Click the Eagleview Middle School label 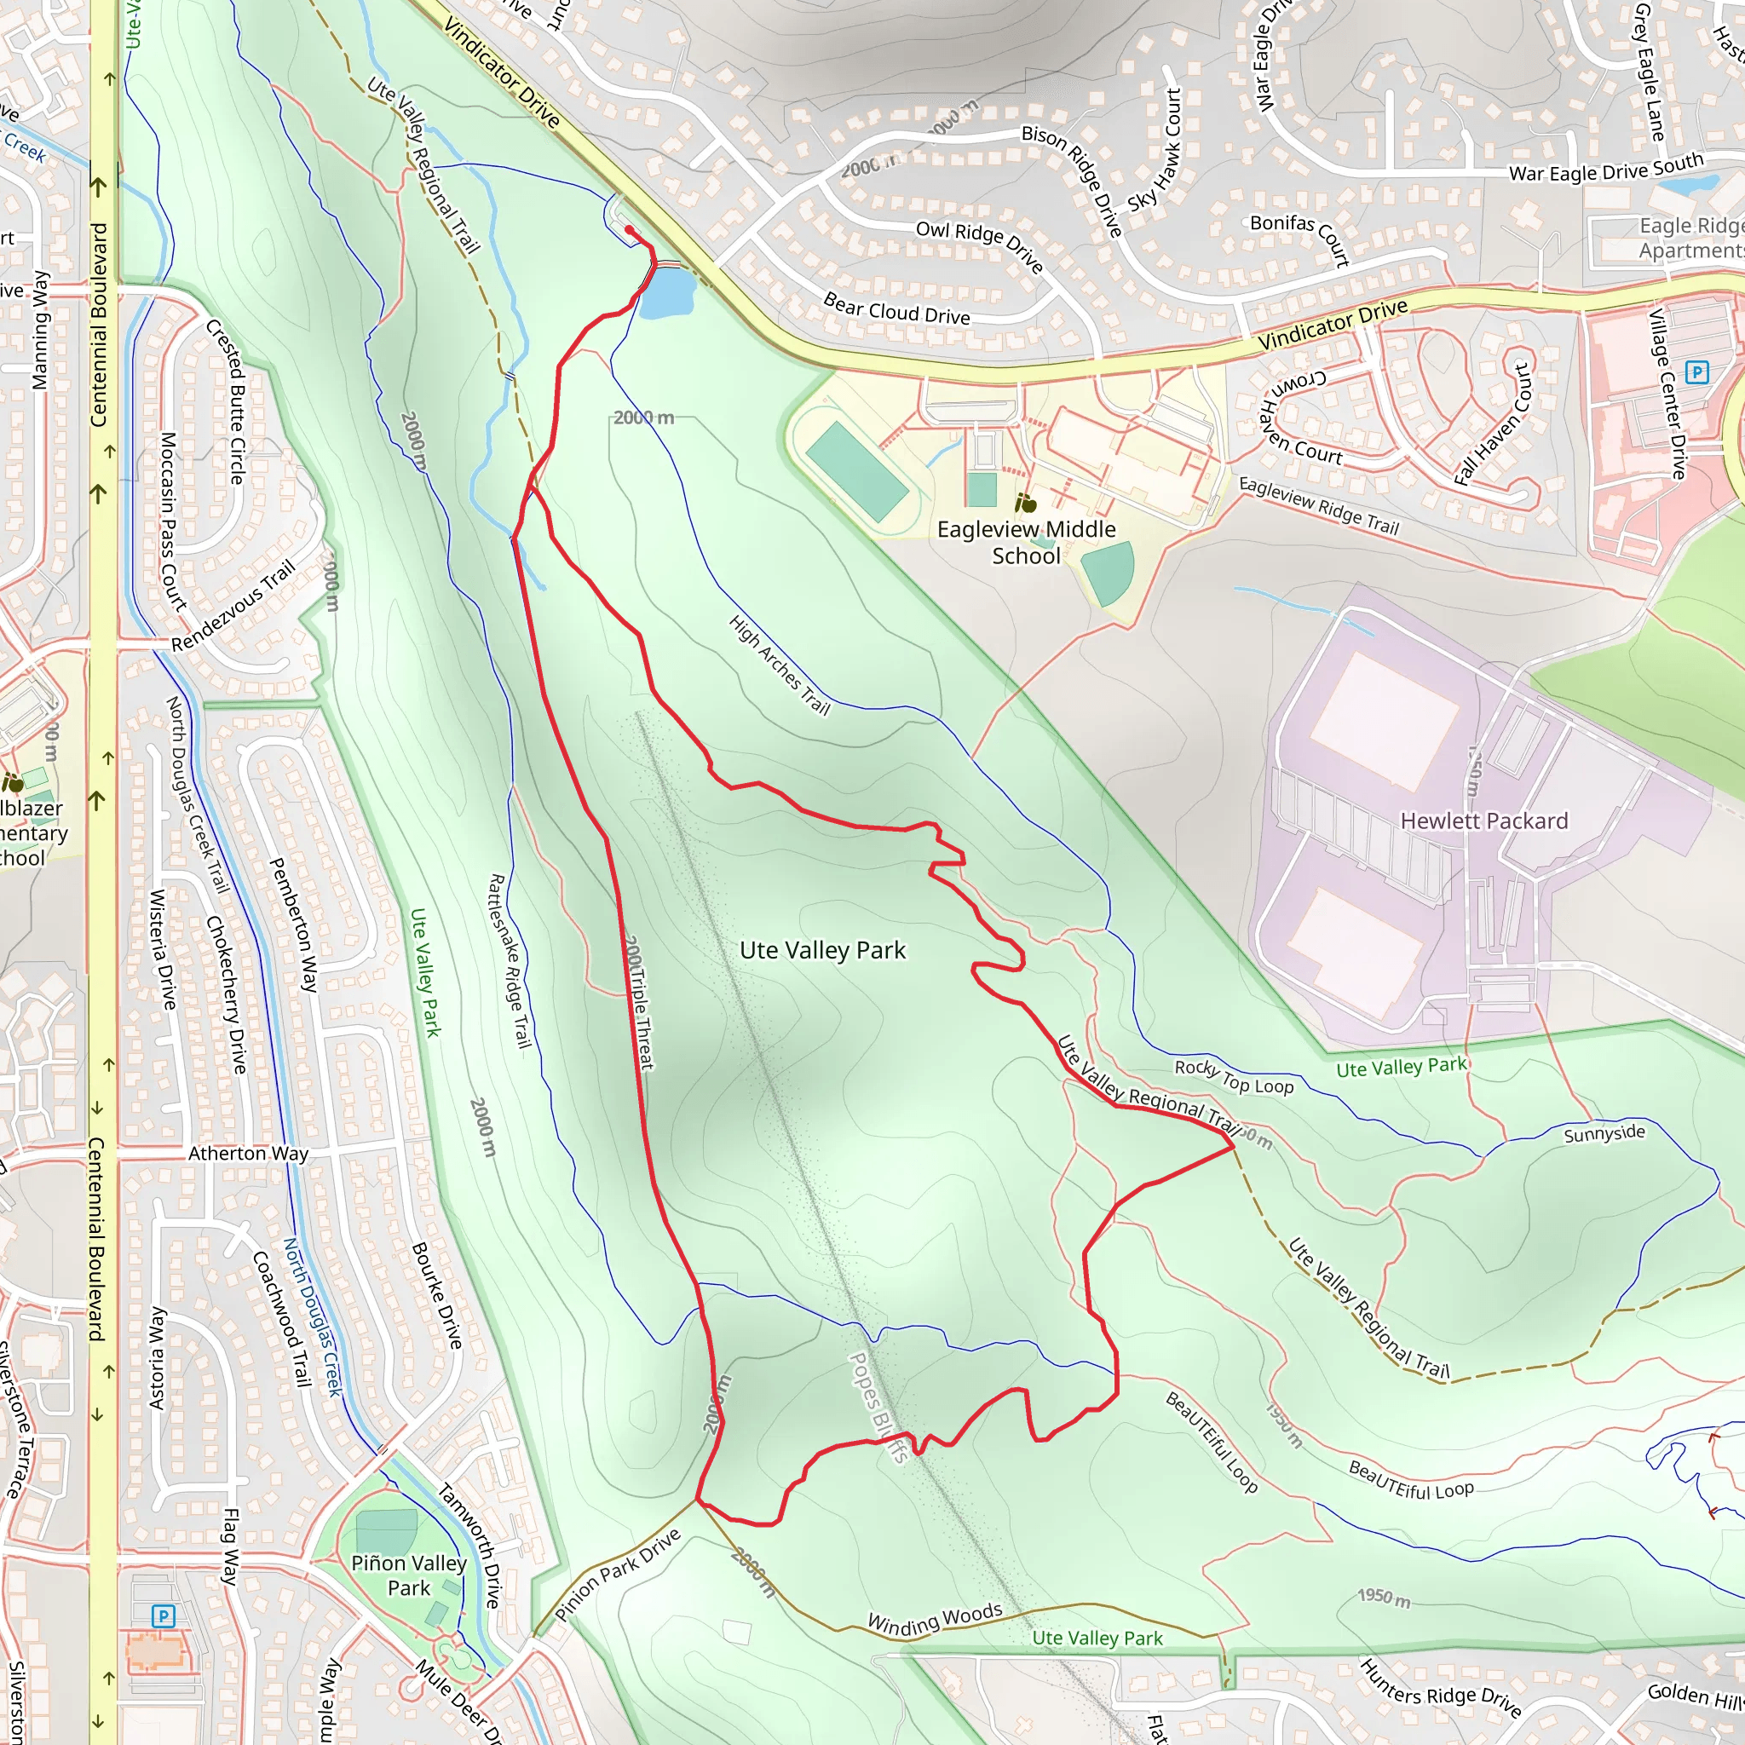1026,542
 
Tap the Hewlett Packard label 1484,821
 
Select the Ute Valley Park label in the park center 822,950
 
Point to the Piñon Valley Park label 408,1575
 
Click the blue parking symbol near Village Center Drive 1697,372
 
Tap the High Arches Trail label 779,665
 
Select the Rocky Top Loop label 1234,1077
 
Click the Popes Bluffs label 877,1406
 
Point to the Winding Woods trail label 935,1619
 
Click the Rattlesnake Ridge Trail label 509,960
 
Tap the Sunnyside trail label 1604,1133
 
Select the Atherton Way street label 249,1154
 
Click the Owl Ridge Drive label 979,245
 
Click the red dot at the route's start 629,230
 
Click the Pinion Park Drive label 617,1575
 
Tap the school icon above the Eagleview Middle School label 1025,502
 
